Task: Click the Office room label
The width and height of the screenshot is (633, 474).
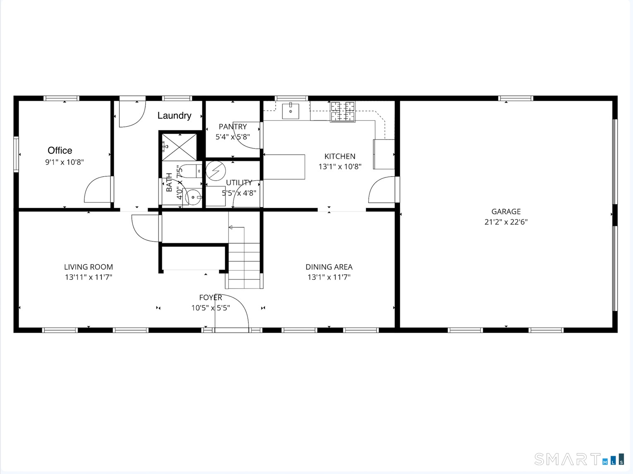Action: coord(60,150)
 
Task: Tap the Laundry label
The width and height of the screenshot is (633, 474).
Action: coord(174,115)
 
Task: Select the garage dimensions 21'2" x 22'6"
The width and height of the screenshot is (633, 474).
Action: coord(506,222)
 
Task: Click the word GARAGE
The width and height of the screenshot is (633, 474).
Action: coord(506,212)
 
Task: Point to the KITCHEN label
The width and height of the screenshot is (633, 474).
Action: coord(339,156)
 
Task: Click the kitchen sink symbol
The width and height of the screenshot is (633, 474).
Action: coord(290,111)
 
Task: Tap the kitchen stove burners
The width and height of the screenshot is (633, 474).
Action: coord(343,111)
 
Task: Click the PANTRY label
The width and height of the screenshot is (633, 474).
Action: coord(233,127)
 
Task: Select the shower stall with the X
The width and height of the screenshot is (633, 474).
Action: coord(179,147)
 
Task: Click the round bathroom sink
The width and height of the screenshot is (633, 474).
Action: coord(193,197)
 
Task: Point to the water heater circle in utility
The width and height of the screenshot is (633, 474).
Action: coord(216,171)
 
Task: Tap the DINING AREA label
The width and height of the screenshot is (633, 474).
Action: coord(329,267)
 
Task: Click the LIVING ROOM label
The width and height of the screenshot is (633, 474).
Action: coord(88,267)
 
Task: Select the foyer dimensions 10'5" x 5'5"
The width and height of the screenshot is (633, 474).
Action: coord(210,308)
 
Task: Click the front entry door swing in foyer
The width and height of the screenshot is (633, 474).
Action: coord(232,310)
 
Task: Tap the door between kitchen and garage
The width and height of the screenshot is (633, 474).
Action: coord(382,190)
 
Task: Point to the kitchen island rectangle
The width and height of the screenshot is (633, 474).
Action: coord(284,167)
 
